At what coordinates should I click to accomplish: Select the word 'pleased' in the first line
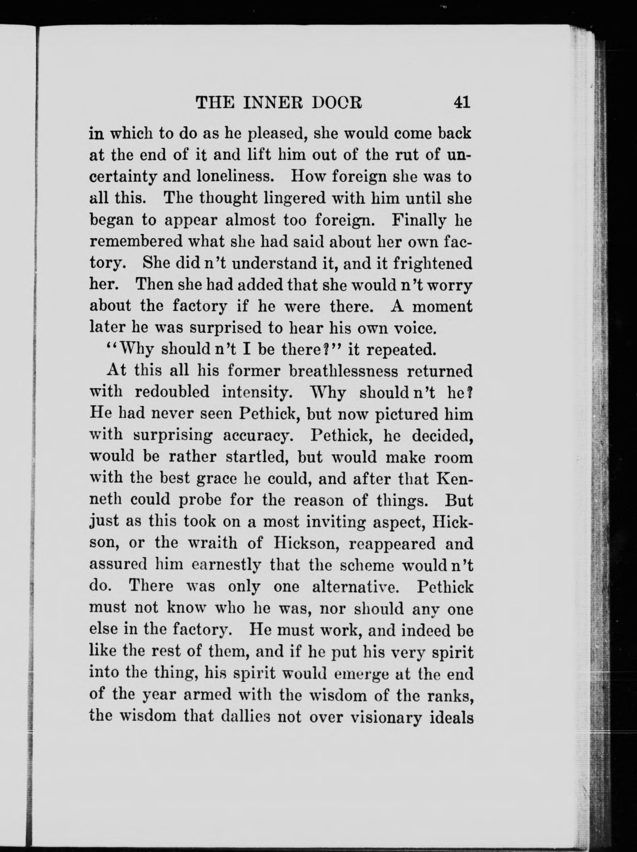click(x=276, y=134)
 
